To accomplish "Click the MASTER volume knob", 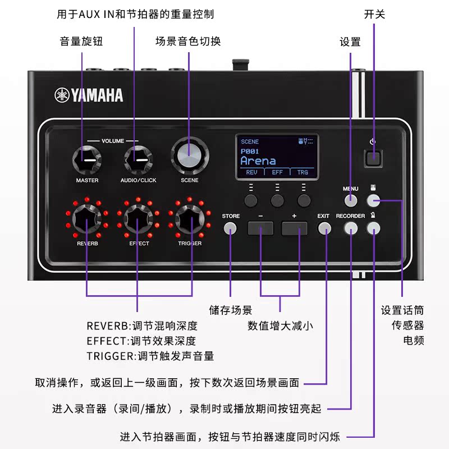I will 87,160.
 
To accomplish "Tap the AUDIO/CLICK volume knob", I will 138,160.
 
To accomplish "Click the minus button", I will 260,228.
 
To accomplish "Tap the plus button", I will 294,228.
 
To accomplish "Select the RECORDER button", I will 351,228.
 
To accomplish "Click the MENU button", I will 351,200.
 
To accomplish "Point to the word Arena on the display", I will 258,161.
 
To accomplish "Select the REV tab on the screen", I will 251,172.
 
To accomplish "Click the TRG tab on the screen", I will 303,172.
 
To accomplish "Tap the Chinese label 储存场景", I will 230,310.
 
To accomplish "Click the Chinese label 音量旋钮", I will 81,42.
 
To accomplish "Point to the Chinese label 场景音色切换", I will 188,42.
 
